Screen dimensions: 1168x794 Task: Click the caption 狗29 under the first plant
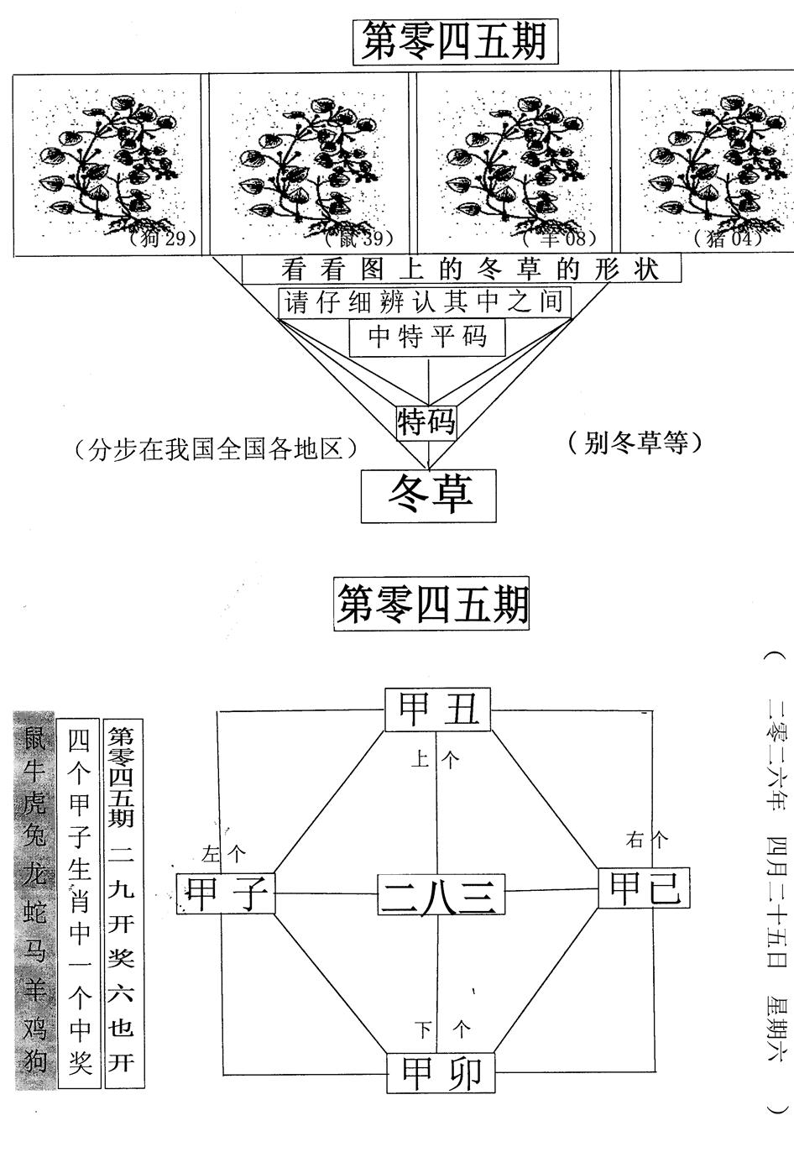coord(163,238)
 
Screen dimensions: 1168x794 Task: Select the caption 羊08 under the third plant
coord(563,238)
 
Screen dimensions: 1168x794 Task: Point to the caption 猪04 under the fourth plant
coord(728,238)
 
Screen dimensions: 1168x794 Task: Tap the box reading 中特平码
coord(428,337)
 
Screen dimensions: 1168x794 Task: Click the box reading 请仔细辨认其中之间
coord(425,301)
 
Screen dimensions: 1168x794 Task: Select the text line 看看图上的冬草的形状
coord(460,269)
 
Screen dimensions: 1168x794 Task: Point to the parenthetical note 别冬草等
coord(633,443)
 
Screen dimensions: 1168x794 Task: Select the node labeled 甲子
coord(226,893)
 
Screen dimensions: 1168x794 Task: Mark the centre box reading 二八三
coord(441,894)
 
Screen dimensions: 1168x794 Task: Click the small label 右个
coord(647,839)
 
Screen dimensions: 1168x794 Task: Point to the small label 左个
coord(224,855)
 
